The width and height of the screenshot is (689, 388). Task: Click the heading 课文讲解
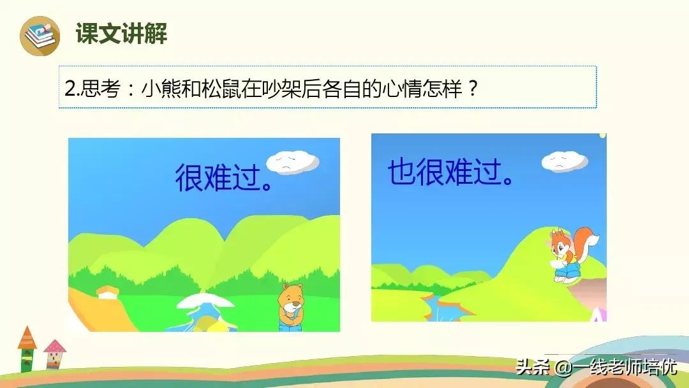[121, 33]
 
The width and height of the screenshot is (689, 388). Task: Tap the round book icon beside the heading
[40, 36]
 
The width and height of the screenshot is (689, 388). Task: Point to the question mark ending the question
[472, 89]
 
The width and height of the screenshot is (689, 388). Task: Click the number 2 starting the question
[70, 89]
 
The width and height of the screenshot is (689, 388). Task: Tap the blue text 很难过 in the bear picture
[218, 177]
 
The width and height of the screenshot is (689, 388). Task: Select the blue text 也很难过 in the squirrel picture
[445, 172]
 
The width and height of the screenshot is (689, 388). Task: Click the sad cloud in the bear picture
[293, 162]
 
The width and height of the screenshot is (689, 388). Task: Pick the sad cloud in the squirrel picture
[565, 161]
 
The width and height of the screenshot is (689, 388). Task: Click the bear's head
[291, 297]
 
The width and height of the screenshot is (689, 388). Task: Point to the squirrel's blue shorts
[565, 272]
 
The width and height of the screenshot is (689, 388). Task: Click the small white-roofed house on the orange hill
[108, 292]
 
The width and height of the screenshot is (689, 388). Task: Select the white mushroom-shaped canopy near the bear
[205, 301]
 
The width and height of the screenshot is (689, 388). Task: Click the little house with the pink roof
[54, 354]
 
